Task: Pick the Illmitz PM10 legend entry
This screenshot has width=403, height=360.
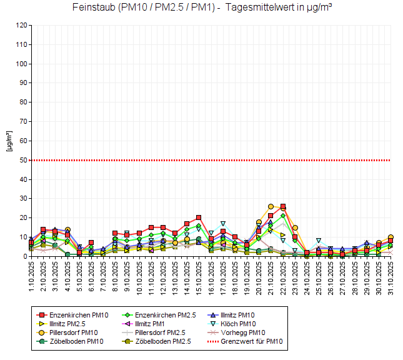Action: [250, 315]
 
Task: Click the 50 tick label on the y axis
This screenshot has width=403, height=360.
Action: [23, 161]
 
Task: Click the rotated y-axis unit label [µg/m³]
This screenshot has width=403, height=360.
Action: [9, 141]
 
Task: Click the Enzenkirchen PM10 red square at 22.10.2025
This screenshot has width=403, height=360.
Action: [283, 206]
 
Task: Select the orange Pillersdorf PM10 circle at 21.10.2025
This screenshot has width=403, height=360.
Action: [271, 206]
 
